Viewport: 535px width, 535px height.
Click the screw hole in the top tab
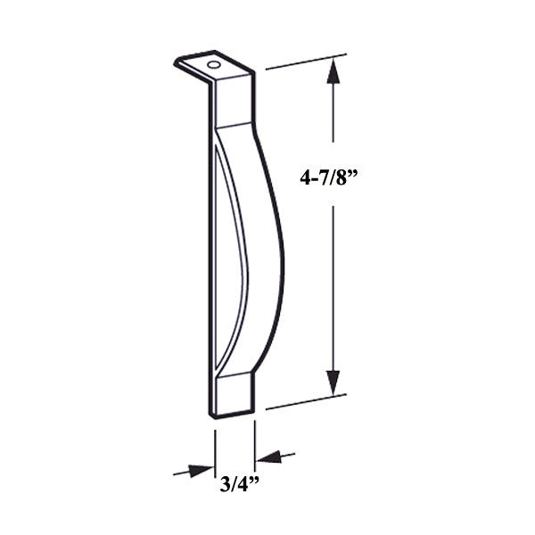(213, 65)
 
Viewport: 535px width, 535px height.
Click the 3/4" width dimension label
(235, 485)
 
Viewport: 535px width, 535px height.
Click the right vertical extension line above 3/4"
(255, 441)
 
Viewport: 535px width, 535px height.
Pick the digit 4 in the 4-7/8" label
(305, 177)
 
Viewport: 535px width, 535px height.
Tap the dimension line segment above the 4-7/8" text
(333, 125)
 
